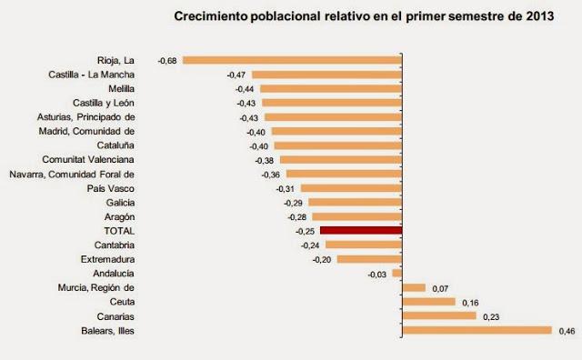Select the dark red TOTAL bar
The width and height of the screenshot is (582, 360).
click(360, 231)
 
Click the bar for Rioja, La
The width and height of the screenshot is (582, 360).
click(292, 60)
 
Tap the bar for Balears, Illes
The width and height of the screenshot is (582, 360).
click(477, 330)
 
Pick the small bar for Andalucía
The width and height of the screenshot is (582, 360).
click(396, 273)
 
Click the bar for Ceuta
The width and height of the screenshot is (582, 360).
click(428, 302)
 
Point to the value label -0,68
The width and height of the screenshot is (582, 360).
click(167, 60)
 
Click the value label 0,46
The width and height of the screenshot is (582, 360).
click(566, 330)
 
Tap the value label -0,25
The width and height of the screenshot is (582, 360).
click(306, 231)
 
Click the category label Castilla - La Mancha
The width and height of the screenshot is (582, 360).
click(91, 75)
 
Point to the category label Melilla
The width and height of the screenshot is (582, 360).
click(120, 89)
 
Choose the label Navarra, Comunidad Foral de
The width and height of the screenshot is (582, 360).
click(71, 174)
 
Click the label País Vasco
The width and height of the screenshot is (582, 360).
click(113, 188)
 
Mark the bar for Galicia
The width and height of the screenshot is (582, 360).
click(356, 202)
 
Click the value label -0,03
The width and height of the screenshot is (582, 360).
click(377, 273)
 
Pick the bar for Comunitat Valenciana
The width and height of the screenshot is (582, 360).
click(341, 159)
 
